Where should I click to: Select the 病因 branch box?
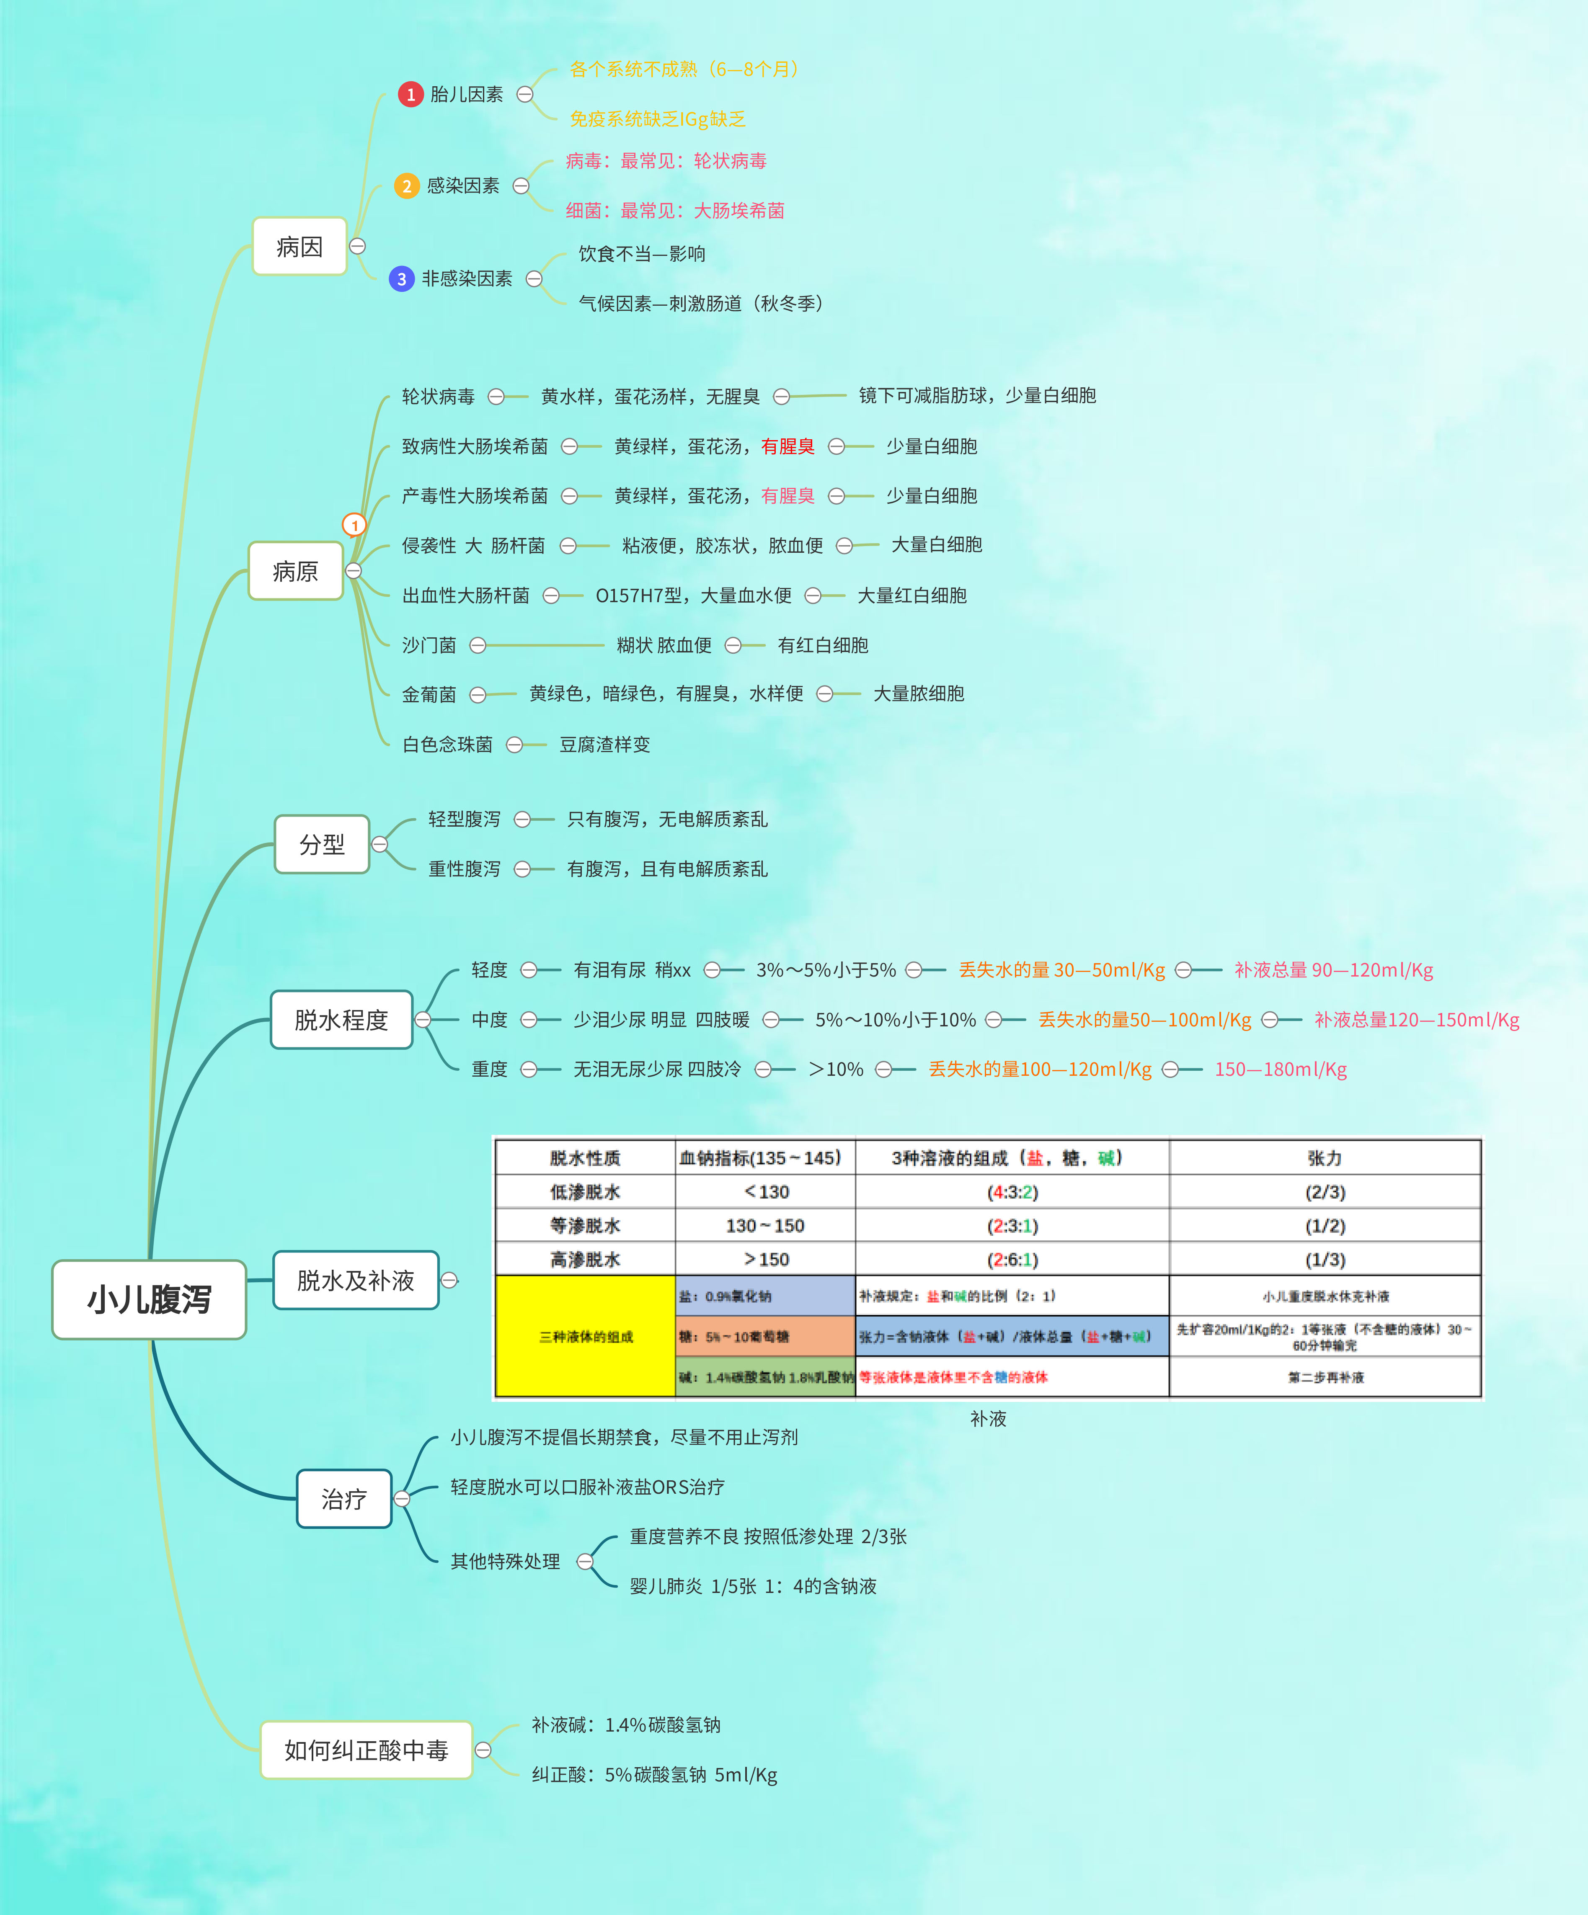[x=299, y=246]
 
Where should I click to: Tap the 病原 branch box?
[x=296, y=571]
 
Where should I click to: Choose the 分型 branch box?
[x=322, y=844]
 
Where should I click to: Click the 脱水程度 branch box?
[x=341, y=1020]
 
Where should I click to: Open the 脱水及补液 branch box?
[x=356, y=1280]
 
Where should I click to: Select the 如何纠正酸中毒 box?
[x=366, y=1750]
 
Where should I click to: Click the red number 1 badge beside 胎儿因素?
[x=411, y=94]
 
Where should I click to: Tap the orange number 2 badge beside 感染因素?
[x=407, y=186]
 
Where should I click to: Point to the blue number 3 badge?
[x=401, y=279]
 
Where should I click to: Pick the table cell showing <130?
[x=765, y=1192]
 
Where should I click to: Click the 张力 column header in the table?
[x=1325, y=1158]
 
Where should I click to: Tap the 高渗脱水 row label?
[x=585, y=1259]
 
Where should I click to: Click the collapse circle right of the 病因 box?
[x=358, y=246]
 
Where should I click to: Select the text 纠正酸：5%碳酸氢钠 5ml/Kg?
[x=654, y=1775]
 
